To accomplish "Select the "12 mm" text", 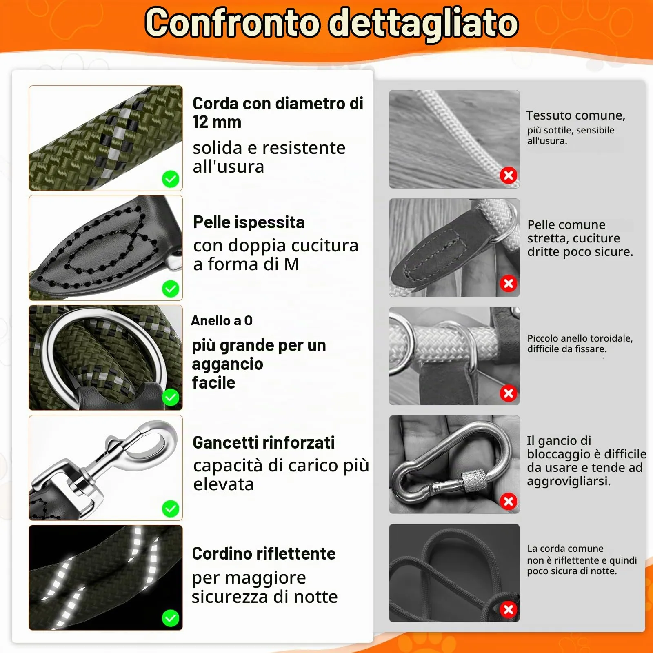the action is (217, 122).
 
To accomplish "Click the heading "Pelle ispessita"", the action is (249, 222).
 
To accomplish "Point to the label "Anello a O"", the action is (222, 320).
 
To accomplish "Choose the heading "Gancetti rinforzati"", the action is (264, 442).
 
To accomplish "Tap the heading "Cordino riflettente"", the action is (264, 553).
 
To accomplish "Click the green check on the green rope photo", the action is (171, 179).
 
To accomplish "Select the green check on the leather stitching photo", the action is (171, 289).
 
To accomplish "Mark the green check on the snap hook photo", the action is (171, 509).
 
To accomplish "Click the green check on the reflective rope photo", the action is (171, 618).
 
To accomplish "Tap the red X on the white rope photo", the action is (509, 175).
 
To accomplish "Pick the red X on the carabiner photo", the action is (509, 501).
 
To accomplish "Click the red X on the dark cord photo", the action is (509, 610).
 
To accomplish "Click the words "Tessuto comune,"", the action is (575, 115).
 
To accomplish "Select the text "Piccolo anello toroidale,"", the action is (580, 338).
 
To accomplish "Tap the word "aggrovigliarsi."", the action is (569, 481).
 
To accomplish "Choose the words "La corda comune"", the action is (565, 549).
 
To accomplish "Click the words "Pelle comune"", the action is (566, 225).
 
